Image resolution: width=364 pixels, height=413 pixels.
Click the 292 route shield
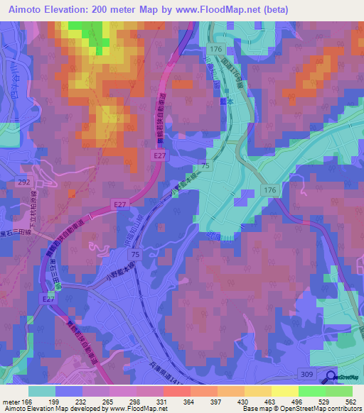tap(23, 182)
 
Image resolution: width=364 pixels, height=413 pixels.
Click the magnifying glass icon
tap(332, 378)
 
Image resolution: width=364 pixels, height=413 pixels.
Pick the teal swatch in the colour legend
tap(42, 391)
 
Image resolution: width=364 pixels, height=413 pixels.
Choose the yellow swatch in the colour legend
tap(284, 391)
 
